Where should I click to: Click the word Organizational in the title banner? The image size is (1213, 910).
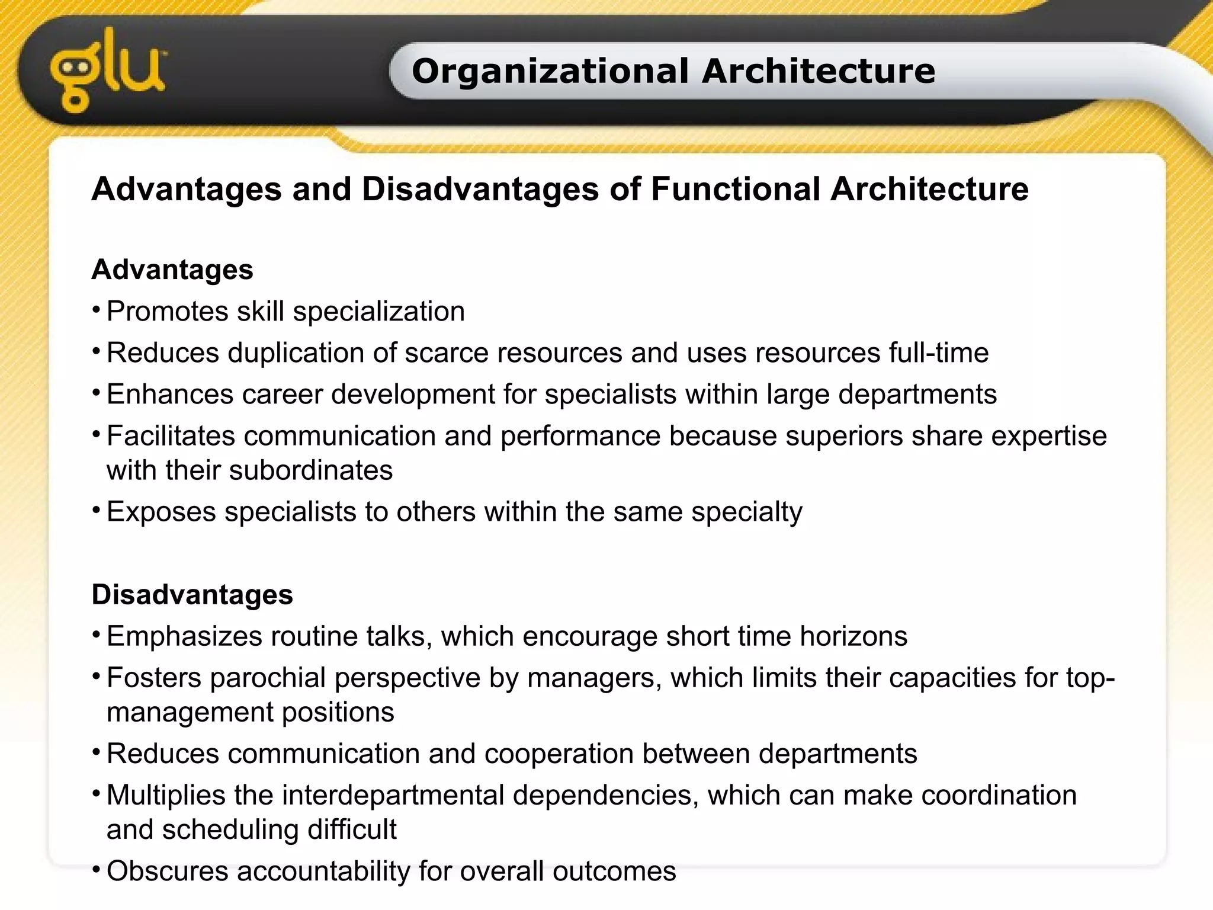550,71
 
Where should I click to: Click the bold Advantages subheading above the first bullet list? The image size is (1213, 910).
172,270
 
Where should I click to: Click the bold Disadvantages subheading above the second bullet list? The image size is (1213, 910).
192,594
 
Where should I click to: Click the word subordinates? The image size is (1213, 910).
311,470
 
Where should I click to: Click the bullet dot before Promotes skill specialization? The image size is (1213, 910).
96,309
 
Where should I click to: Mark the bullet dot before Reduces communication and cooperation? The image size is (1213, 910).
96,751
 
